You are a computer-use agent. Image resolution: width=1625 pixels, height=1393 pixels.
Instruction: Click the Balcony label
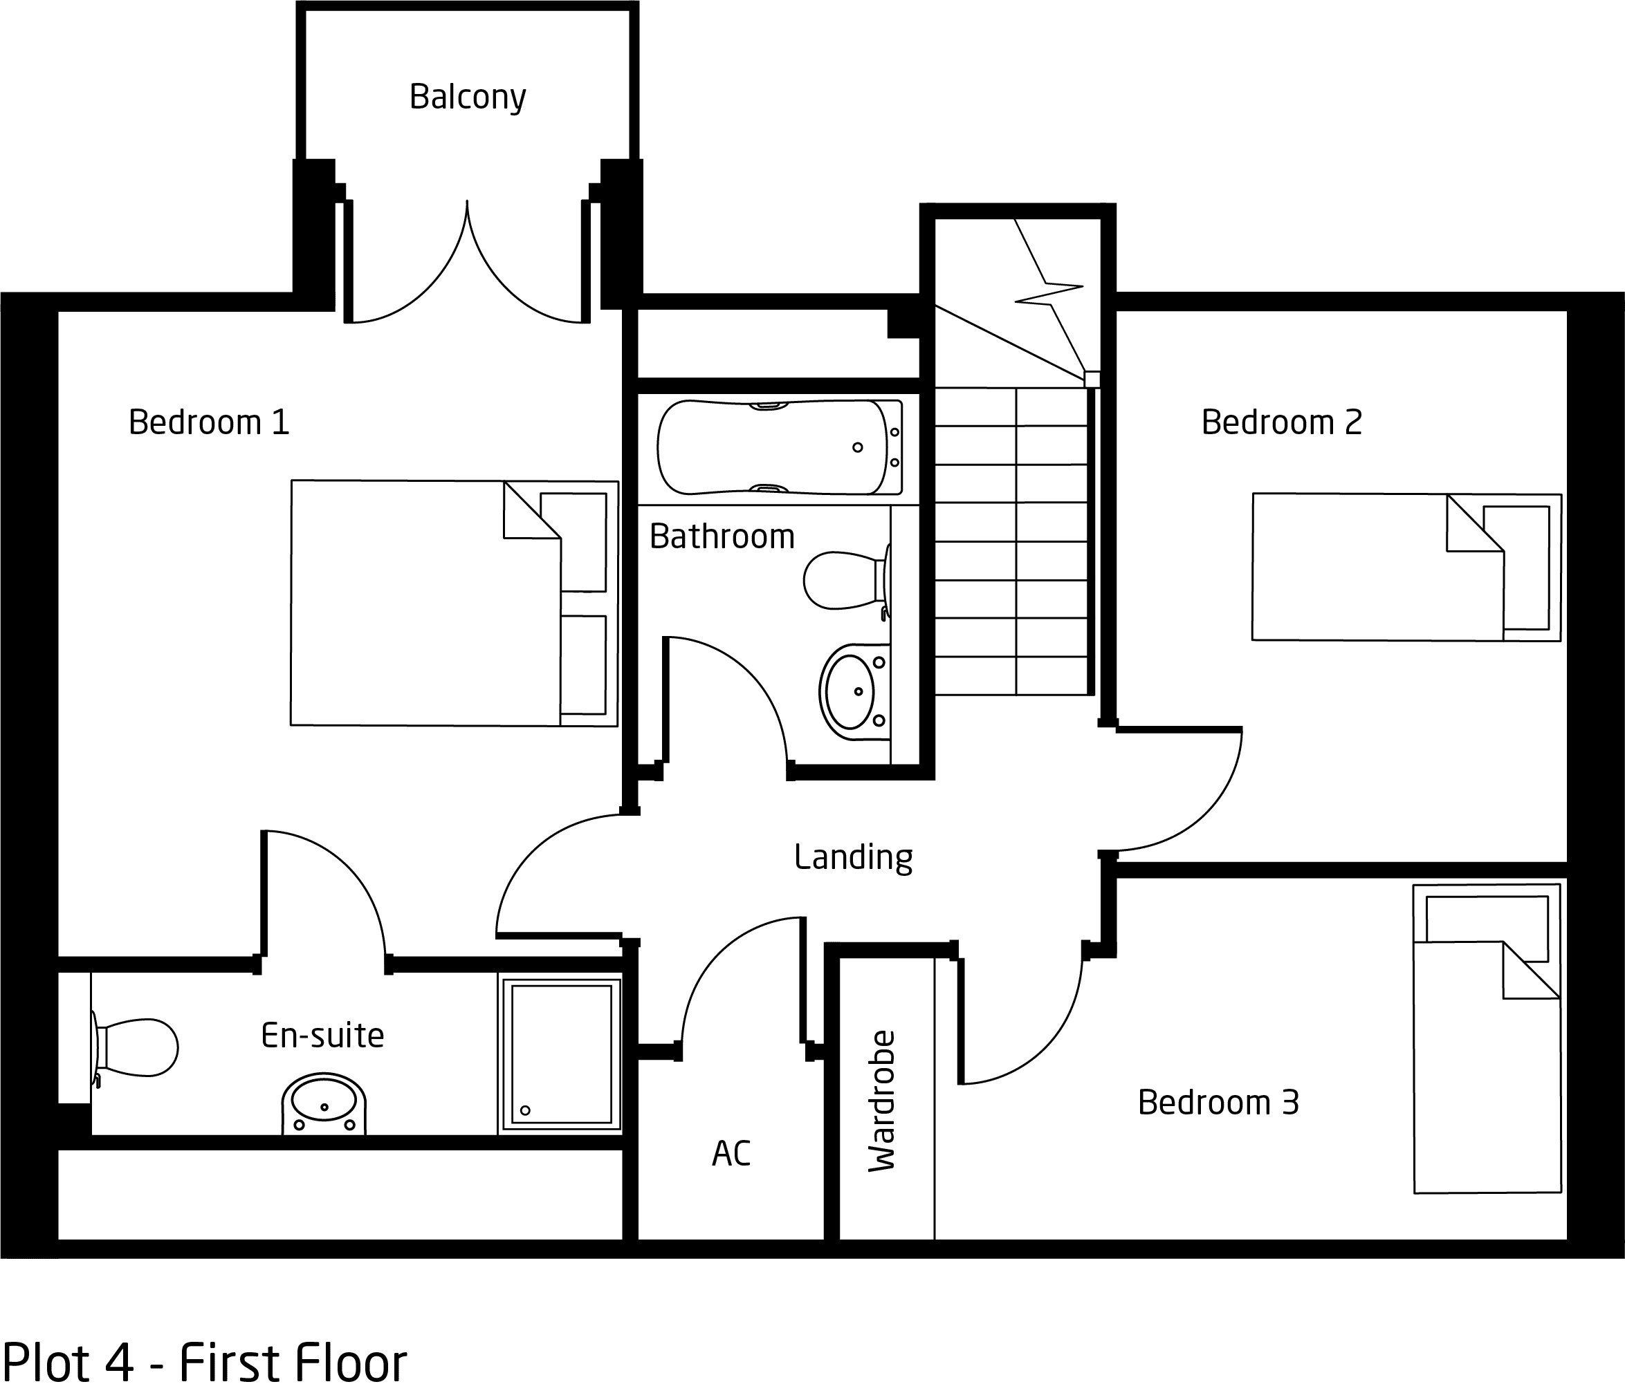tap(468, 97)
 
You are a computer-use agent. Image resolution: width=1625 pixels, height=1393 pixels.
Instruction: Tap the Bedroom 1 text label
tap(209, 422)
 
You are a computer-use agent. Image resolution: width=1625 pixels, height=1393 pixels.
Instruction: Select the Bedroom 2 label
tap(1281, 422)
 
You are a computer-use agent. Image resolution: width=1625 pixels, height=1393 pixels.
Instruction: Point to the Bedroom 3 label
tap(1218, 1102)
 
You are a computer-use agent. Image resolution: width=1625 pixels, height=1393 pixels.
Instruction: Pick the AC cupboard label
tap(731, 1153)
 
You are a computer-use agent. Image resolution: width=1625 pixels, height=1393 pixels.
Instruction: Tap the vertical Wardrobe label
tap(881, 1101)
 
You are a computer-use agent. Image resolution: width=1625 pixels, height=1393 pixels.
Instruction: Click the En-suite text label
tap(322, 1036)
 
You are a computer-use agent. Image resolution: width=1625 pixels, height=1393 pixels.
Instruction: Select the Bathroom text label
tap(722, 536)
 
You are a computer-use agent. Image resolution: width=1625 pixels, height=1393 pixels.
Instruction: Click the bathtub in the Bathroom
tap(780, 447)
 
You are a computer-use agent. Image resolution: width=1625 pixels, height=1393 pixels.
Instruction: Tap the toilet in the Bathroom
tap(847, 581)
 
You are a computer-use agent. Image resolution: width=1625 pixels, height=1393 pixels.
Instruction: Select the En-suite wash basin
tap(324, 1103)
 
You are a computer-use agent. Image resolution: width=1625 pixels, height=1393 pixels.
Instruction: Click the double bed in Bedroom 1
tap(454, 603)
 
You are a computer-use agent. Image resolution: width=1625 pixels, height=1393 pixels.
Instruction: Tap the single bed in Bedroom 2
tap(1406, 567)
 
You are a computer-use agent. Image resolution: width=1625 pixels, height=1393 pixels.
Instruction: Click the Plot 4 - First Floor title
tap(205, 1363)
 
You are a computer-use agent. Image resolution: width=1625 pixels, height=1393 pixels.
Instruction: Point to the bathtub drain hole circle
tap(857, 447)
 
